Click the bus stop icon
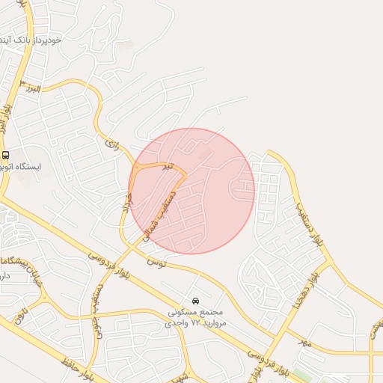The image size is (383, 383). (x=6, y=155)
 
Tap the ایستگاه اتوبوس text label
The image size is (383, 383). (x=38, y=166)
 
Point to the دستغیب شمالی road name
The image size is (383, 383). (x=165, y=212)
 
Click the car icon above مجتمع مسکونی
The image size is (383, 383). (x=196, y=301)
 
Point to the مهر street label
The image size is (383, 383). (x=303, y=342)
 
